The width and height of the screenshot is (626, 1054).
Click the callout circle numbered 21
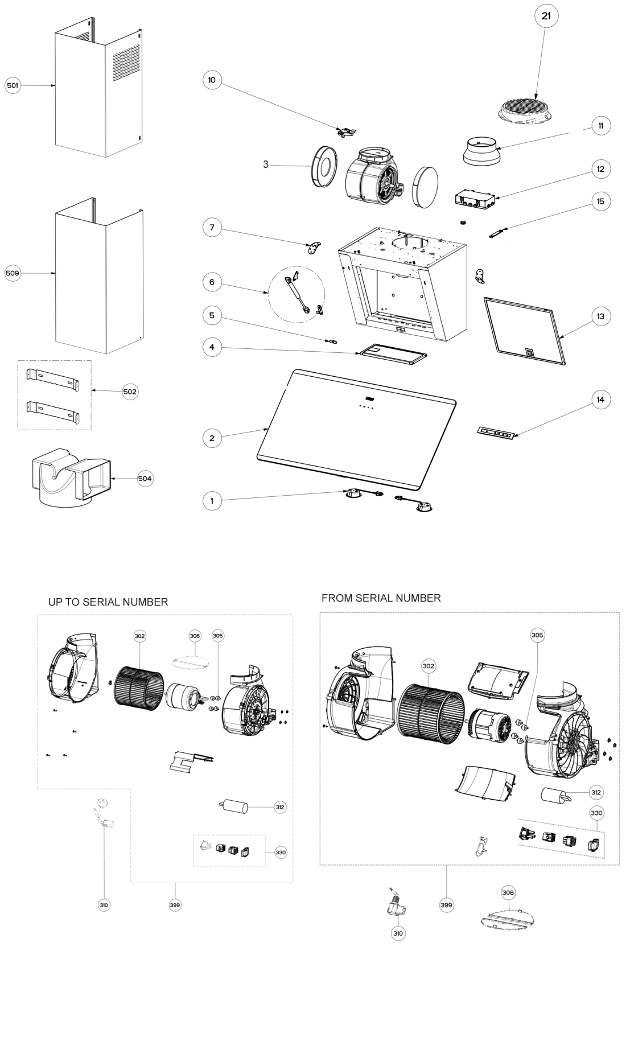[x=546, y=17]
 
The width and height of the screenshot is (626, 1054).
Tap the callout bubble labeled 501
[x=12, y=85]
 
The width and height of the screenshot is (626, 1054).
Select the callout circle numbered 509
[x=12, y=273]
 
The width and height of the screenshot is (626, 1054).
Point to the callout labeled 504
[x=145, y=479]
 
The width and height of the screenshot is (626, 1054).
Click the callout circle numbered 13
[x=600, y=316]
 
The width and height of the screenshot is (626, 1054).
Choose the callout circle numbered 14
[x=600, y=400]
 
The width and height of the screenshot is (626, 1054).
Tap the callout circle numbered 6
[x=212, y=282]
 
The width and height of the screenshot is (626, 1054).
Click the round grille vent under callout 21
[x=525, y=109]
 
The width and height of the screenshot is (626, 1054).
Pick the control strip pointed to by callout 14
[x=496, y=433]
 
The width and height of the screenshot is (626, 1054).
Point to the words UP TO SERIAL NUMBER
[x=108, y=602]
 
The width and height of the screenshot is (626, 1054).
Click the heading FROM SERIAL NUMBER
[x=381, y=598]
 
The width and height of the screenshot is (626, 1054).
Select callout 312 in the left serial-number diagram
[x=279, y=807]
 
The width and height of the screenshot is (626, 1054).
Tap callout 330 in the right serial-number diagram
[x=596, y=813]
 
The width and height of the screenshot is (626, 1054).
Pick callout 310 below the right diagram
[x=398, y=933]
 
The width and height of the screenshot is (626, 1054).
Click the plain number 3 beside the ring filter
[x=265, y=165]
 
